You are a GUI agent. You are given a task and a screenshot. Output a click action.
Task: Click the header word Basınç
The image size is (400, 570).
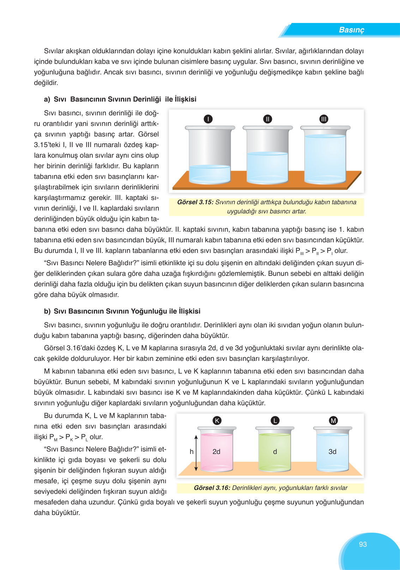pyautogui.click(x=351, y=30)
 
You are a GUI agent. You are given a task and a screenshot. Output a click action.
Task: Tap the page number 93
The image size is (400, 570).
pyautogui.click(x=363, y=544)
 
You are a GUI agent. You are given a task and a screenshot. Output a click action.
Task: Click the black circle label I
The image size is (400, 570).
pyautogui.click(x=208, y=119)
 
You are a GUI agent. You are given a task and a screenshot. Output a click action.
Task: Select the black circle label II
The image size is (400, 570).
pyautogui.click(x=268, y=119)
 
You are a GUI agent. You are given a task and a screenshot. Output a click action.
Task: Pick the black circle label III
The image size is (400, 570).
pyautogui.click(x=323, y=119)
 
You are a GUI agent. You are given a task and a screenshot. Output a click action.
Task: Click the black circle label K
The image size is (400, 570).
pyautogui.click(x=217, y=420)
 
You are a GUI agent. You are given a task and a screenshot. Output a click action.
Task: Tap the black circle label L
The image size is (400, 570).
pyautogui.click(x=275, y=420)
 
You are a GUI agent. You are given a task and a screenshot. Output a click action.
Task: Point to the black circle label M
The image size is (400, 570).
pyautogui.click(x=333, y=420)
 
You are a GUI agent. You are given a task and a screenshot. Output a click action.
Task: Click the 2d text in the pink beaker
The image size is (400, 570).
pyautogui.click(x=216, y=451)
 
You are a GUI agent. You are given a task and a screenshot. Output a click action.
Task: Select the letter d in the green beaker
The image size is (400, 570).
pyautogui.click(x=275, y=451)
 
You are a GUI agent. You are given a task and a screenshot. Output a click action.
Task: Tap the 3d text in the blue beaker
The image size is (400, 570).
pyautogui.click(x=332, y=451)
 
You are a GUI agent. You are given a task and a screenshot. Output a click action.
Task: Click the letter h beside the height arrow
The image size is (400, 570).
pyautogui.click(x=192, y=451)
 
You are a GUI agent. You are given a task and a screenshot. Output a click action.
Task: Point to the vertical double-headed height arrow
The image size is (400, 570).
pyautogui.click(x=196, y=453)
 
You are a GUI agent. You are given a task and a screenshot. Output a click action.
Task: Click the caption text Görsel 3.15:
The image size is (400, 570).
pyautogui.click(x=195, y=202)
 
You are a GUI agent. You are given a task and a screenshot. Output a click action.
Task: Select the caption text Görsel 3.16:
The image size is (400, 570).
pyautogui.click(x=212, y=488)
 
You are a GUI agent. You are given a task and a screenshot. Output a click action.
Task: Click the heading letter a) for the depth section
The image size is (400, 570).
pyautogui.click(x=47, y=99)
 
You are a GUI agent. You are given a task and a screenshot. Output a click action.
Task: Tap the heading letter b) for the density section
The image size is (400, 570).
pyautogui.click(x=47, y=311)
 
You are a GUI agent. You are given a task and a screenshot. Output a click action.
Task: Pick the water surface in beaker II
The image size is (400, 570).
pyautogui.click(x=267, y=154)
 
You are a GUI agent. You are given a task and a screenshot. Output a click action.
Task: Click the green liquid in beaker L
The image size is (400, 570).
pyautogui.click(x=275, y=459)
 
